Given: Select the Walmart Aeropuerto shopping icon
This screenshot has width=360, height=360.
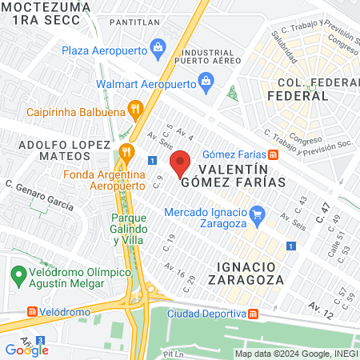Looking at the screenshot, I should pyautogui.click(x=206, y=81).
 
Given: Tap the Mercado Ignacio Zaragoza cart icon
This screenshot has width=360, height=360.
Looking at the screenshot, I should pyautogui.click(x=258, y=214).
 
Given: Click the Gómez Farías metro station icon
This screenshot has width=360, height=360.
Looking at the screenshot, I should pyautogui.click(x=273, y=154).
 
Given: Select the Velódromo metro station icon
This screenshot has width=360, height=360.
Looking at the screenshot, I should pyautogui.click(x=33, y=310).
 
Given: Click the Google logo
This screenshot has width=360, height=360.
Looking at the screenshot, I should pyautogui.click(x=26, y=350).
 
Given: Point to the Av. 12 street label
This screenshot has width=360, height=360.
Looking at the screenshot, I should pyautogui.click(x=321, y=306).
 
